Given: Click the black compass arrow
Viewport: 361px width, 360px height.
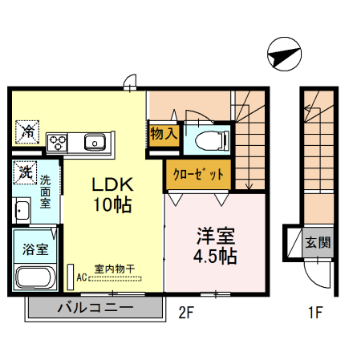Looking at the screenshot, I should tap(283, 55).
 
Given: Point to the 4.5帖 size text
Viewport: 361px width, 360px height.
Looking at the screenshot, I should tap(216, 257).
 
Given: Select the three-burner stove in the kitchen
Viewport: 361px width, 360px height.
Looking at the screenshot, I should tap(59, 144).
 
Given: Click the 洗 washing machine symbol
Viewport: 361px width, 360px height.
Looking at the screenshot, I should tap(26, 171).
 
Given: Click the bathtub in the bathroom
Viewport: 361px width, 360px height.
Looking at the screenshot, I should tap(34, 280).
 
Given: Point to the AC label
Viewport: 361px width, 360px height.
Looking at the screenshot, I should tap(82, 278).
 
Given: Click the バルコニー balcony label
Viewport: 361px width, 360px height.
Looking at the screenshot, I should tap(94, 308).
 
